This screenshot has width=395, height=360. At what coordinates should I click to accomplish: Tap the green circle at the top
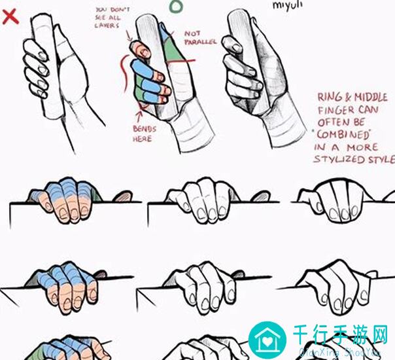coord(176,6)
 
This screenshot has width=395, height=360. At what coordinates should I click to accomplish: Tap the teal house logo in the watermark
coord(269,340)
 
